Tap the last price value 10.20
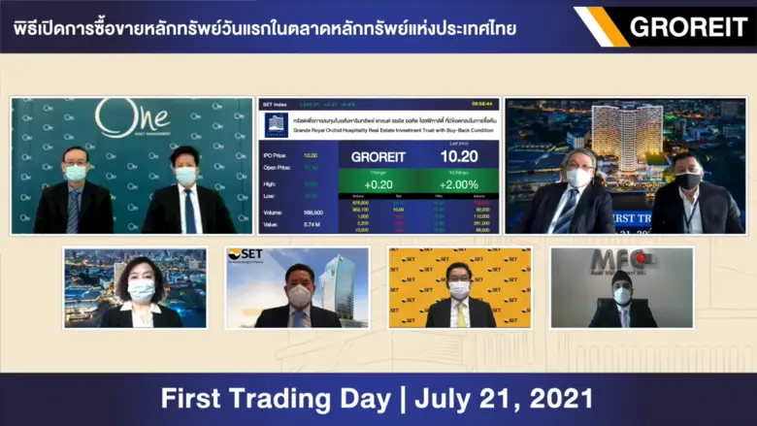458,155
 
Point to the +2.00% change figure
458,184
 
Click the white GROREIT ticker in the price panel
378,156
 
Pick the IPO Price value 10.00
311,155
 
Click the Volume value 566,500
312,211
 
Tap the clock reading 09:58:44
482,103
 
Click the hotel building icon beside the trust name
277,124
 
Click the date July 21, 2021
505,399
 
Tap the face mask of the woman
141,292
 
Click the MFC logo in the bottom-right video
614,261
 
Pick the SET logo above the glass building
247,255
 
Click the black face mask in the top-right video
688,180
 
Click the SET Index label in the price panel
276,103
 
